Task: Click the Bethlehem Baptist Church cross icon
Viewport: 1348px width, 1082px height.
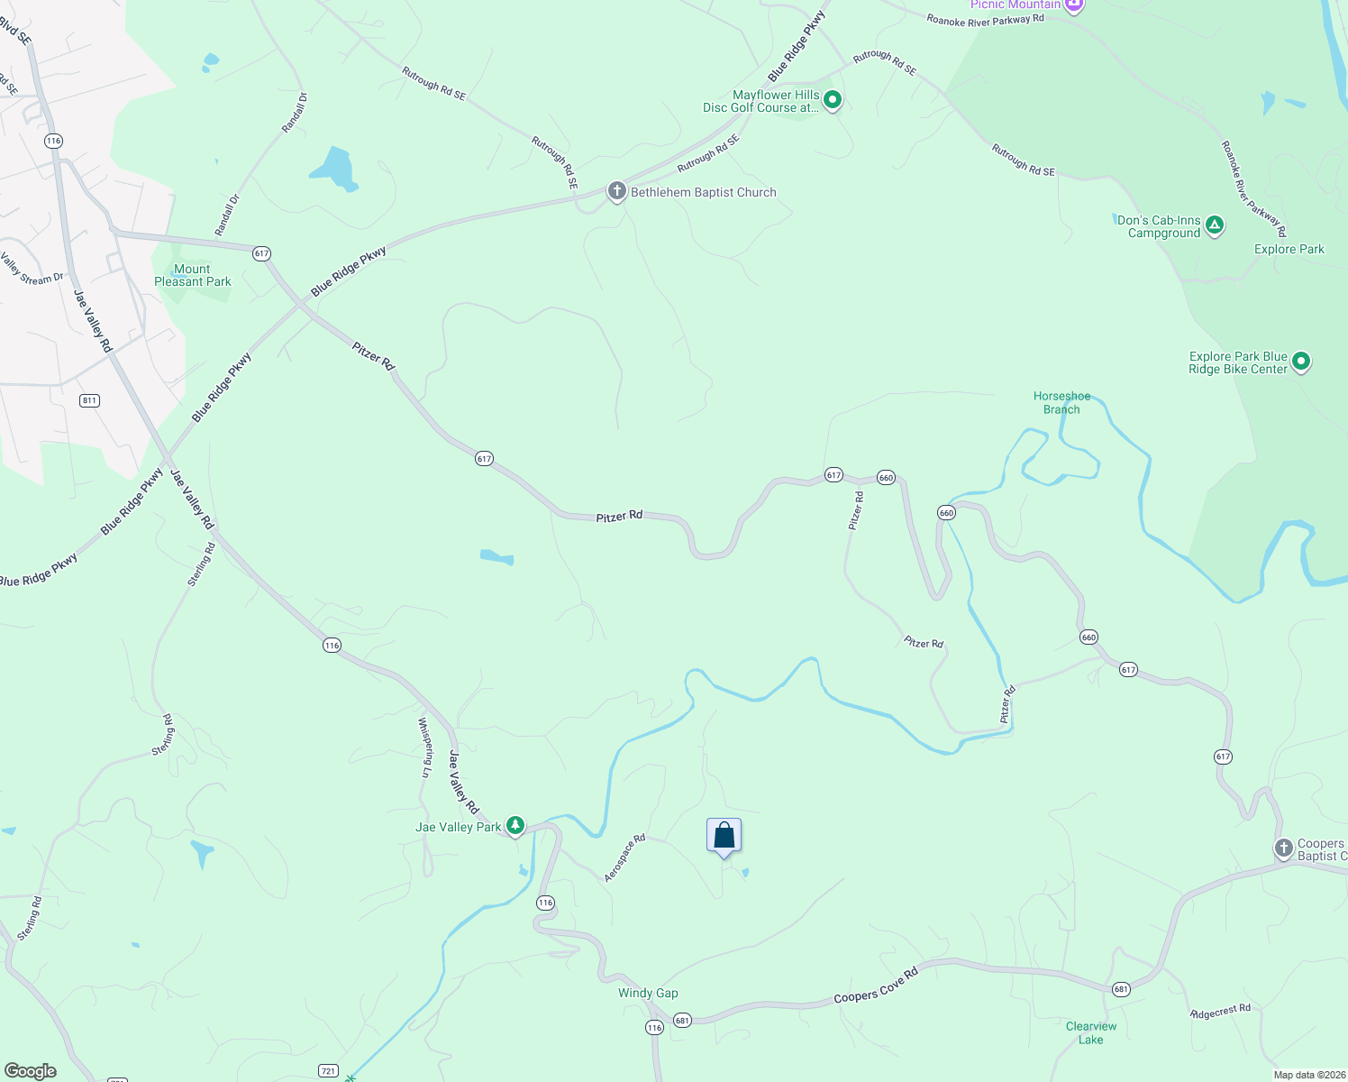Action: tap(616, 191)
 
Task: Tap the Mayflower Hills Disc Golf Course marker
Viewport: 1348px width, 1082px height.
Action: tap(833, 100)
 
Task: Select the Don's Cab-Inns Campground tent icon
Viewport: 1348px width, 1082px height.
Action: tap(1215, 225)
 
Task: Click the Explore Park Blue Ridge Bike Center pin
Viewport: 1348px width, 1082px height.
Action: tap(1300, 362)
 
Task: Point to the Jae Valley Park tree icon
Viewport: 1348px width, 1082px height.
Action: tap(515, 825)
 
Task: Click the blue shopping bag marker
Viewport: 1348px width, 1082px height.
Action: tap(724, 836)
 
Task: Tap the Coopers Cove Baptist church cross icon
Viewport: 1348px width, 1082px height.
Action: tap(1283, 848)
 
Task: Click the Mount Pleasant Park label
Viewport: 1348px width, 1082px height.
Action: tap(193, 275)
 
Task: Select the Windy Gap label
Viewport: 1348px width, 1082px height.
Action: tap(648, 993)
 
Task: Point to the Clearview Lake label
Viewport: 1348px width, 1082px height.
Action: tap(1090, 1032)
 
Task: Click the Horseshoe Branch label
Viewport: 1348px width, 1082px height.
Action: tap(1061, 402)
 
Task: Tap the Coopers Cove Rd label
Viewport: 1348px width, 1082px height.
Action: tap(875, 985)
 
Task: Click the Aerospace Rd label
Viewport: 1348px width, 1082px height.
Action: tap(624, 857)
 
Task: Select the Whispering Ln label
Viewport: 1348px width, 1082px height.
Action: tap(424, 747)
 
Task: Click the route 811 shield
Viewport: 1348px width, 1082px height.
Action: tap(89, 400)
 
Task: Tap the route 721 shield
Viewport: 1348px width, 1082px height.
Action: tap(328, 1071)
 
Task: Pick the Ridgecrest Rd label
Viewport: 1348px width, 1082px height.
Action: tap(1220, 1011)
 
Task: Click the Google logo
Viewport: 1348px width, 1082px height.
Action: tap(31, 1071)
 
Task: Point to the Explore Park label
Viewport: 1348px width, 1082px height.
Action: tap(1289, 249)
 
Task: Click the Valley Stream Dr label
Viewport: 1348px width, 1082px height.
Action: tap(32, 270)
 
